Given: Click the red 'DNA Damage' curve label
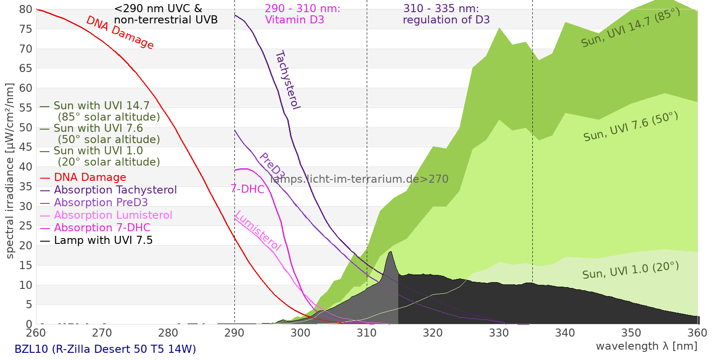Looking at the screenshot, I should pos(120,32).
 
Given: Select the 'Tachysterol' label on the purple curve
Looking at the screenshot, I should pos(288,80).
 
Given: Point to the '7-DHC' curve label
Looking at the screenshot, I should pos(247,189).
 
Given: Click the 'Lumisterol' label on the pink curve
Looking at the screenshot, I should pos(258,230).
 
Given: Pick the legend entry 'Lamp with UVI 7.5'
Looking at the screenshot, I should pos(103,240).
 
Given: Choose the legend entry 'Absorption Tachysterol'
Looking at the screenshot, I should pos(115,190).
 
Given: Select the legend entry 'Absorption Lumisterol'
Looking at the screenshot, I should pos(113,215).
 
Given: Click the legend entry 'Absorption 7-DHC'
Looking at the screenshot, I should pos(102,228).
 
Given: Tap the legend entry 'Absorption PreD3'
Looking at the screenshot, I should pos(101,202).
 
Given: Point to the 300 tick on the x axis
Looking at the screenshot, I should pos(301,333).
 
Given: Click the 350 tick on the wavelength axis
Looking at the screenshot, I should pos(631,333).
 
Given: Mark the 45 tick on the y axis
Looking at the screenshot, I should pos(26,147).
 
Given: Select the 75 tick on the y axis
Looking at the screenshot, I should pos(26,29).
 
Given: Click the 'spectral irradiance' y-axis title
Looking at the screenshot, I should pos(10,171).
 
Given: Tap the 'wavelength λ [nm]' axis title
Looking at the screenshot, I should pos(646,346).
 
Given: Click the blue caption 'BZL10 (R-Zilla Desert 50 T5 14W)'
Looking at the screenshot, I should pos(105,349).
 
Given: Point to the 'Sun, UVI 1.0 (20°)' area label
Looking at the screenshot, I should pos(630,271).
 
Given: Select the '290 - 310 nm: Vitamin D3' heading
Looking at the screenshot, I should pos(302,14).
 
